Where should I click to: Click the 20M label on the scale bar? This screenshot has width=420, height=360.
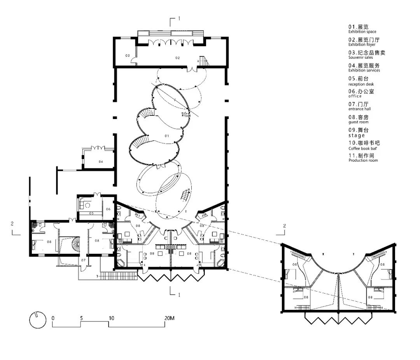click(169, 318)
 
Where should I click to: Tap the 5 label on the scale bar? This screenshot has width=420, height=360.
click(82, 318)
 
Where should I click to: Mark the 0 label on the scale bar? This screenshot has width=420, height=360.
click(53, 318)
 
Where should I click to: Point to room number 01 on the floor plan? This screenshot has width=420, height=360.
click(166, 136)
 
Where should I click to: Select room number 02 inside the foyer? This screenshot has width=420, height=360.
click(177, 58)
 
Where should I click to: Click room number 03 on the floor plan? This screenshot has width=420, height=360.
click(127, 56)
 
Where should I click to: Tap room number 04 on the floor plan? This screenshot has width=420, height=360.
click(101, 161)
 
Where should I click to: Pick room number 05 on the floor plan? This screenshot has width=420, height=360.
click(92, 213)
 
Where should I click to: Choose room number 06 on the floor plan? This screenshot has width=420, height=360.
click(108, 209)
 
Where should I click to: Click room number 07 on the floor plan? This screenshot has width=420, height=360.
click(83, 260)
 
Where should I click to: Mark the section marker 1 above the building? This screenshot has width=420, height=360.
click(179, 18)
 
